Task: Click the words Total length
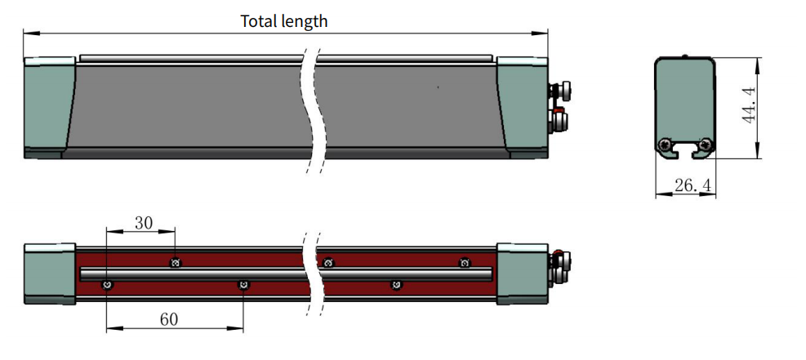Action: click(x=283, y=21)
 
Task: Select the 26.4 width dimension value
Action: click(x=693, y=187)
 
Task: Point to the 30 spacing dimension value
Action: click(x=144, y=221)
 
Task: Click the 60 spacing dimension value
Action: click(x=168, y=319)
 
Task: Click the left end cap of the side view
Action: click(x=50, y=106)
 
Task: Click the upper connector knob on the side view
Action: click(x=563, y=90)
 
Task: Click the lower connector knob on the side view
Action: click(x=562, y=122)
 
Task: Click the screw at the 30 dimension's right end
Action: click(x=174, y=263)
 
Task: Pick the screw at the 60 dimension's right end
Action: click(x=243, y=284)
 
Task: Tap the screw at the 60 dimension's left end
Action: click(x=106, y=284)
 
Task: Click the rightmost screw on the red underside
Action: click(x=465, y=263)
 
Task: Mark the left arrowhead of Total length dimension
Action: click(x=28, y=33)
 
